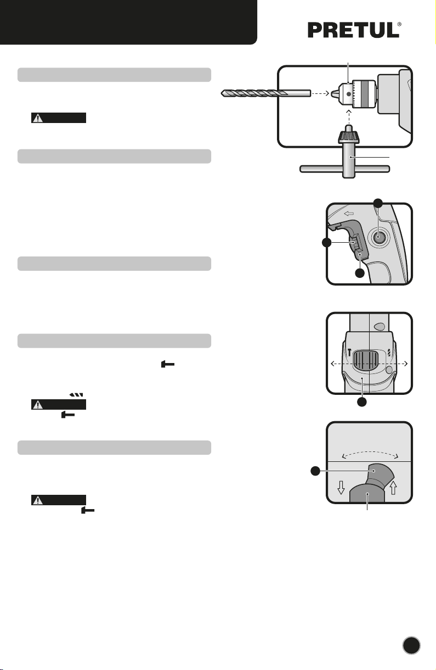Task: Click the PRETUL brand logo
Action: pyautogui.click(x=354, y=30)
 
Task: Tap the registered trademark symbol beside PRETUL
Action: pyautogui.click(x=399, y=24)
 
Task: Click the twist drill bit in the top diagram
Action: pyautogui.click(x=266, y=93)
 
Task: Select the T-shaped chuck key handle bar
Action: pyautogui.click(x=345, y=169)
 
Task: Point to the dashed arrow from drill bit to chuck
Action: pyautogui.click(x=320, y=93)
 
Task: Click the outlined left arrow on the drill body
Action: pyautogui.click(x=349, y=214)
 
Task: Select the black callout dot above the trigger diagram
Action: pyautogui.click(x=378, y=203)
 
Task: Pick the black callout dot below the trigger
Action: pyautogui.click(x=360, y=273)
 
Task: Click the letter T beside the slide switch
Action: pyautogui.click(x=349, y=352)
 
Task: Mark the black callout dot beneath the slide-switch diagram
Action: pyautogui.click(x=362, y=402)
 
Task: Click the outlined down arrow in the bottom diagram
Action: pyautogui.click(x=341, y=488)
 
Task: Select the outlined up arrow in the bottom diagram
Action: pyautogui.click(x=393, y=488)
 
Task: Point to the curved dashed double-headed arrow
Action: pyautogui.click(x=370, y=453)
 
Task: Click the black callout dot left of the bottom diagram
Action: pyautogui.click(x=315, y=471)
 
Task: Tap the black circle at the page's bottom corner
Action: pyautogui.click(x=411, y=645)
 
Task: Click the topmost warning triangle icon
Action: pyautogui.click(x=38, y=118)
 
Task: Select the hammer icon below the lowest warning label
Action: pyautogui.click(x=88, y=510)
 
